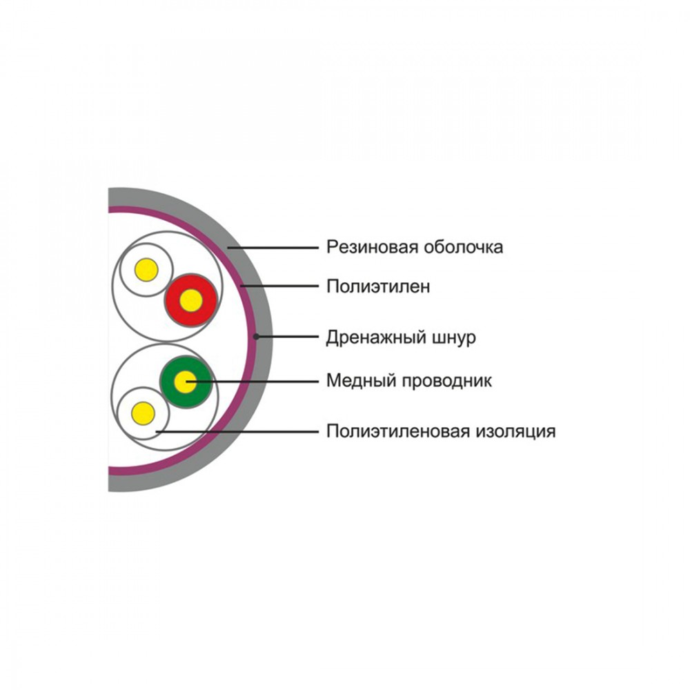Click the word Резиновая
[373, 247]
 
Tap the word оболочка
[464, 247]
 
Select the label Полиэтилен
[378, 286]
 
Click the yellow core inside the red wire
[191, 301]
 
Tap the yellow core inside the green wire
[185, 382]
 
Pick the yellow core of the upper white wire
[146, 270]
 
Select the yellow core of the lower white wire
[143, 413]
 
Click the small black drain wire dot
[256, 337]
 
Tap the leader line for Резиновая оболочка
[273, 248]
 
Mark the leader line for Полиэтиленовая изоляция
[237, 432]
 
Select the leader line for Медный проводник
[252, 381]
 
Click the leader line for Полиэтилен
[279, 286]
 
